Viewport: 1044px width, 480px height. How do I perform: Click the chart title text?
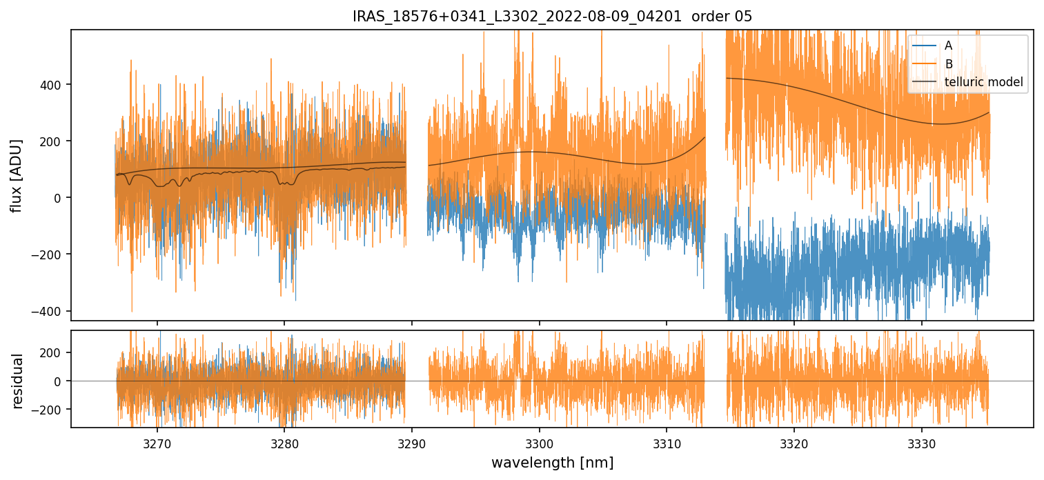pos(552,17)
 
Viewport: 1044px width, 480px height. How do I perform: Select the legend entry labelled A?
pos(948,46)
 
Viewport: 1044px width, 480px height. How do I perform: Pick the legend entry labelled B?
pos(948,64)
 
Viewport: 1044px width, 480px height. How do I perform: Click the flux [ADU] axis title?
pos(16,175)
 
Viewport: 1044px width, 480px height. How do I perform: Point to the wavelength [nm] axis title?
pos(552,463)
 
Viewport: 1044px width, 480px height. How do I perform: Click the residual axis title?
pos(17,381)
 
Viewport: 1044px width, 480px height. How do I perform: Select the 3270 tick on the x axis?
pos(157,443)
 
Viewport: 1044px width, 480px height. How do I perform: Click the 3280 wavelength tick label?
pos(284,443)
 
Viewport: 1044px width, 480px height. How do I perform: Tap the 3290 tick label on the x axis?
pos(412,443)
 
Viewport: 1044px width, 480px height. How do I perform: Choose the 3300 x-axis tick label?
pos(539,443)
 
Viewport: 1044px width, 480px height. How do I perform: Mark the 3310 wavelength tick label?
pos(667,443)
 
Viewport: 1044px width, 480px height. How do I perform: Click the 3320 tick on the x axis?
pos(794,443)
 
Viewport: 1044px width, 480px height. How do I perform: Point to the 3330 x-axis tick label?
pos(922,443)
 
